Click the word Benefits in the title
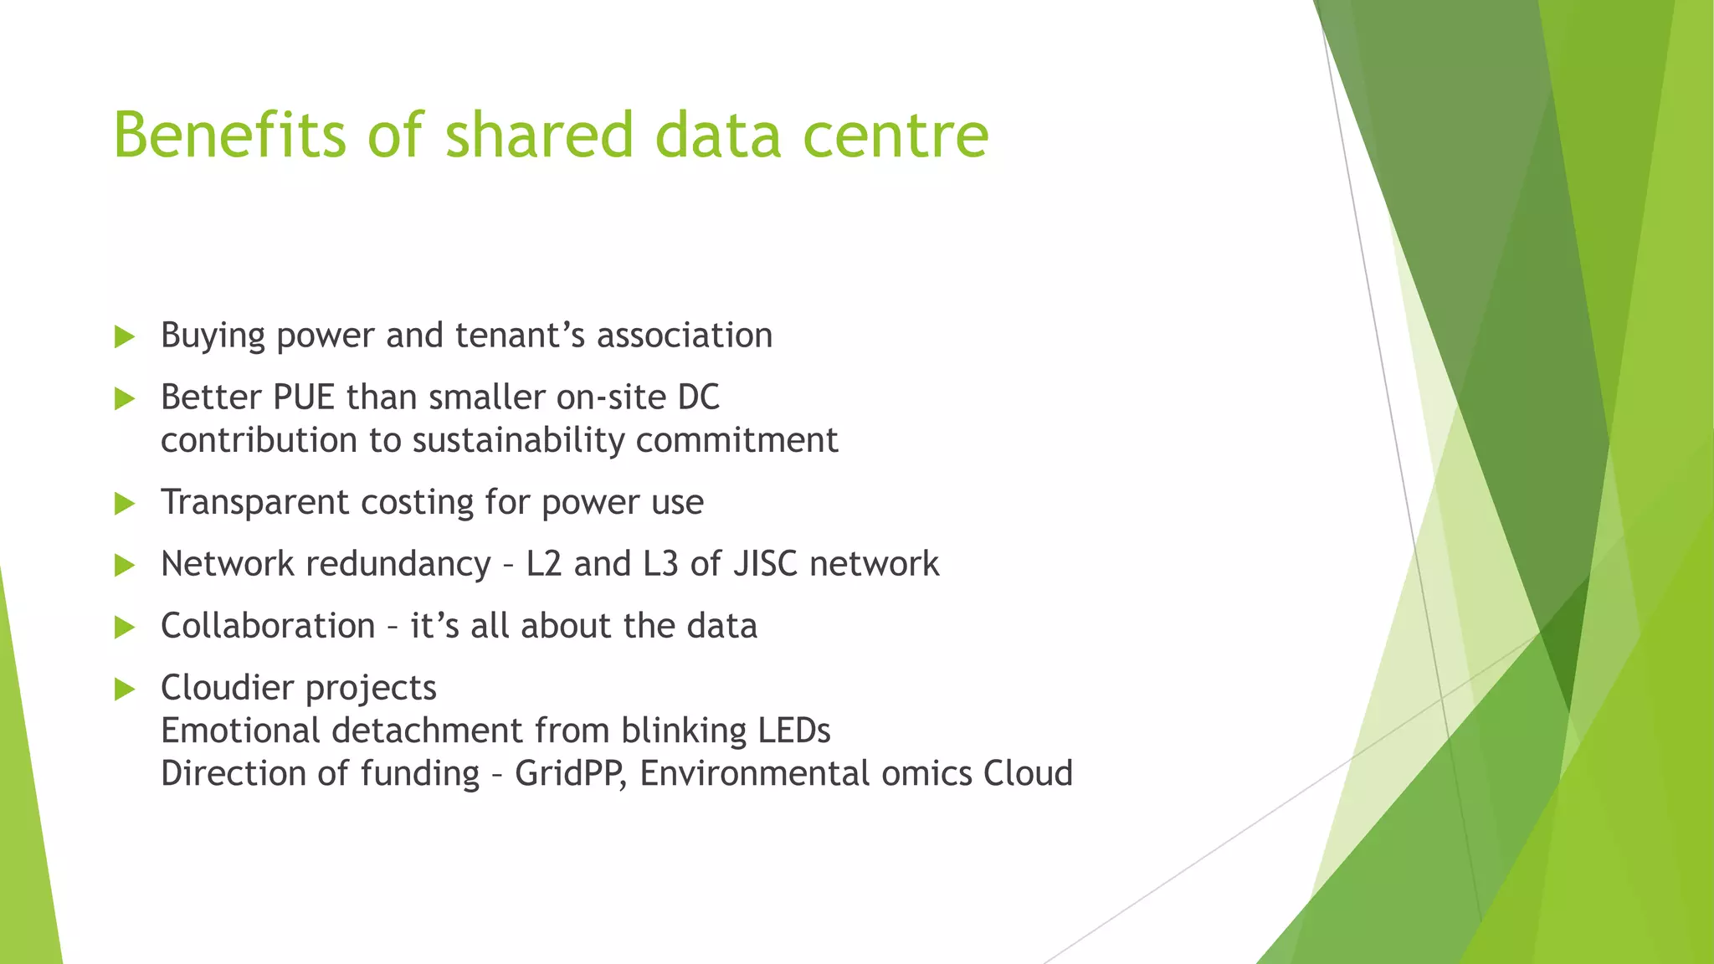click(228, 135)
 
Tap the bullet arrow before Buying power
click(125, 337)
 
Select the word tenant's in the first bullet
click(519, 336)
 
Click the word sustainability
click(518, 441)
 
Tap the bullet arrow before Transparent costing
click(125, 504)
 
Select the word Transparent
click(254, 503)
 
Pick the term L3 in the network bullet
click(660, 564)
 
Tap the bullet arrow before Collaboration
click(125, 628)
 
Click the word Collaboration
click(268, 626)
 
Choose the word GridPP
click(569, 774)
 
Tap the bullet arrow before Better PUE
click(125, 399)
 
